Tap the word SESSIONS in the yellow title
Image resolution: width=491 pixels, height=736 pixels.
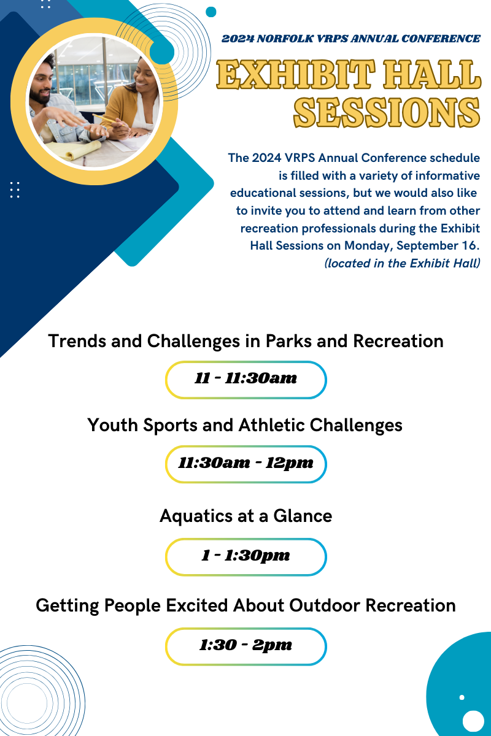click(387, 112)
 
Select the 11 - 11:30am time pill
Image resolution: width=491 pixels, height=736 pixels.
click(246, 380)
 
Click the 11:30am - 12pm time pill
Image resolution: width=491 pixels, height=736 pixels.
click(246, 464)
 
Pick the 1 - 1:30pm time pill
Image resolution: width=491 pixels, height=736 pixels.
click(246, 557)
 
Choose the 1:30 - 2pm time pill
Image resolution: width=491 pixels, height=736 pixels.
click(246, 646)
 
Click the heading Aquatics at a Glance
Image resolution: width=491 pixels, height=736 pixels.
click(246, 516)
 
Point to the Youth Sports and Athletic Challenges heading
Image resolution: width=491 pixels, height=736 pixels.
click(245, 426)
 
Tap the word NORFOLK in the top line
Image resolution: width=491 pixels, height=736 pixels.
click(285, 39)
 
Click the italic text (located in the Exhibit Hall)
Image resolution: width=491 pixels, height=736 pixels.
click(402, 264)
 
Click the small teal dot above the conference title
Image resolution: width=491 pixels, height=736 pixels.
click(211, 12)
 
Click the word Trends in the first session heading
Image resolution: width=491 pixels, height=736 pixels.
click(77, 341)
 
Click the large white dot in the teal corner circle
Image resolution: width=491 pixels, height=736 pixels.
click(473, 721)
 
